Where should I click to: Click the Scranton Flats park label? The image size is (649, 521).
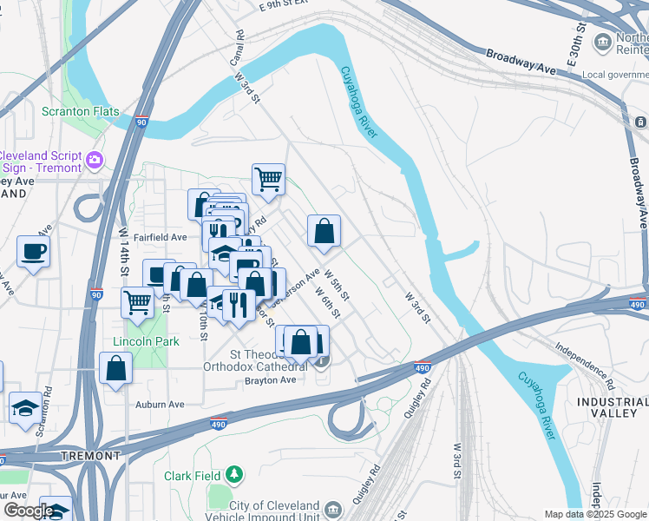tap(81, 112)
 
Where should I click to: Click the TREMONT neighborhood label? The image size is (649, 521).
tap(91, 456)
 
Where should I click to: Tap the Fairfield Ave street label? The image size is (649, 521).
tap(160, 237)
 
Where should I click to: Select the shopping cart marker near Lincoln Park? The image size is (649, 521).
tap(138, 303)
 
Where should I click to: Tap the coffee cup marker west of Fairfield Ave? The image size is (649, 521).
tap(33, 252)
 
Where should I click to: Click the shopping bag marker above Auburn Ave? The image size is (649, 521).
tap(115, 368)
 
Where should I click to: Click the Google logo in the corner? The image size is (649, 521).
tap(29, 511)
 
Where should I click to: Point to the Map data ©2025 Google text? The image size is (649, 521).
tap(595, 514)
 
